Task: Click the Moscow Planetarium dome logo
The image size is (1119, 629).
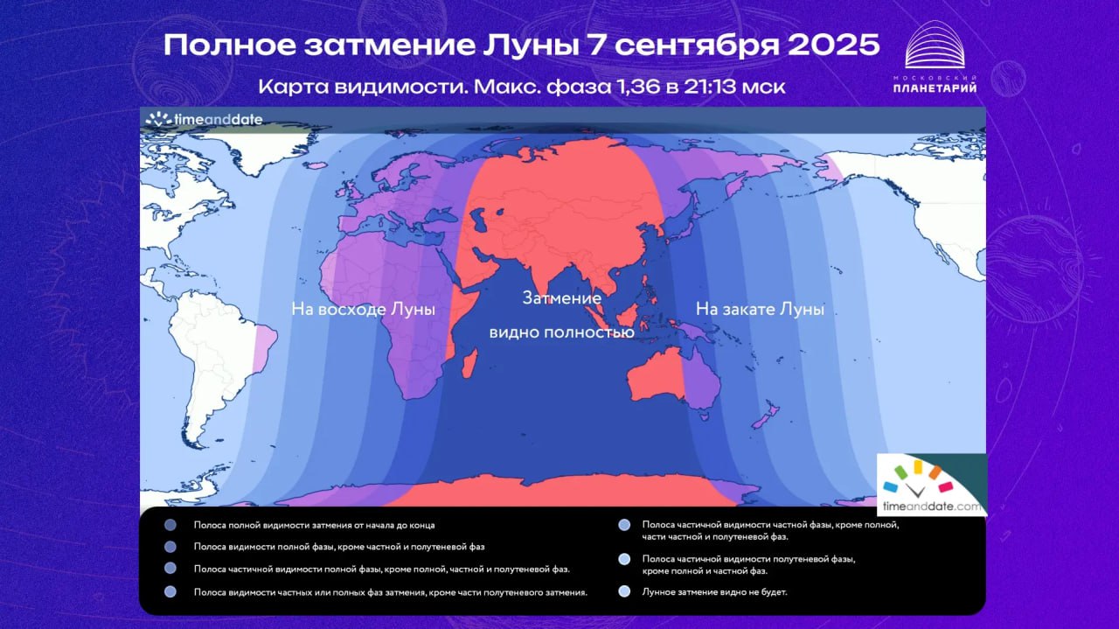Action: pos(935,45)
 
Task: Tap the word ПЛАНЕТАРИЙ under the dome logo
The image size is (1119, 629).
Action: pos(935,88)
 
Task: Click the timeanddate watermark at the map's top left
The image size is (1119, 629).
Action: pos(204,120)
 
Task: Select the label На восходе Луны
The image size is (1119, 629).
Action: pos(363,309)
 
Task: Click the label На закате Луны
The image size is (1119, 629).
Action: pos(760,309)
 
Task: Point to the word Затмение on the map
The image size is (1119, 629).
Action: pos(561,298)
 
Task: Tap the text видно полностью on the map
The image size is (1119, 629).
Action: pos(561,332)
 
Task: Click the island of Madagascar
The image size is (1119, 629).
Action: pos(469,364)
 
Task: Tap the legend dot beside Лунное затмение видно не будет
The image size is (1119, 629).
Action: pos(624,591)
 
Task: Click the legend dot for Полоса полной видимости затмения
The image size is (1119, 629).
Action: pos(170,525)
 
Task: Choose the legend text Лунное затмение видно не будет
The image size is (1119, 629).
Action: pos(714,592)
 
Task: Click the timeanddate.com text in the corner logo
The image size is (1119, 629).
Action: pos(932,506)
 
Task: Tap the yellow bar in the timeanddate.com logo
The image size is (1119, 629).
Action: pos(918,466)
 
